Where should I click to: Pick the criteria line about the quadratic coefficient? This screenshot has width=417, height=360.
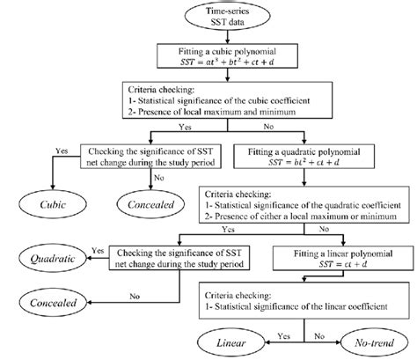click(296, 203)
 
